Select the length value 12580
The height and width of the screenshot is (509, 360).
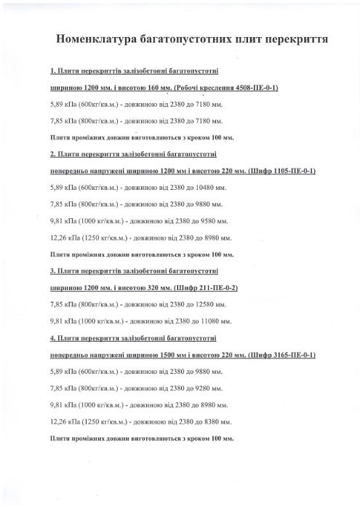206,305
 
